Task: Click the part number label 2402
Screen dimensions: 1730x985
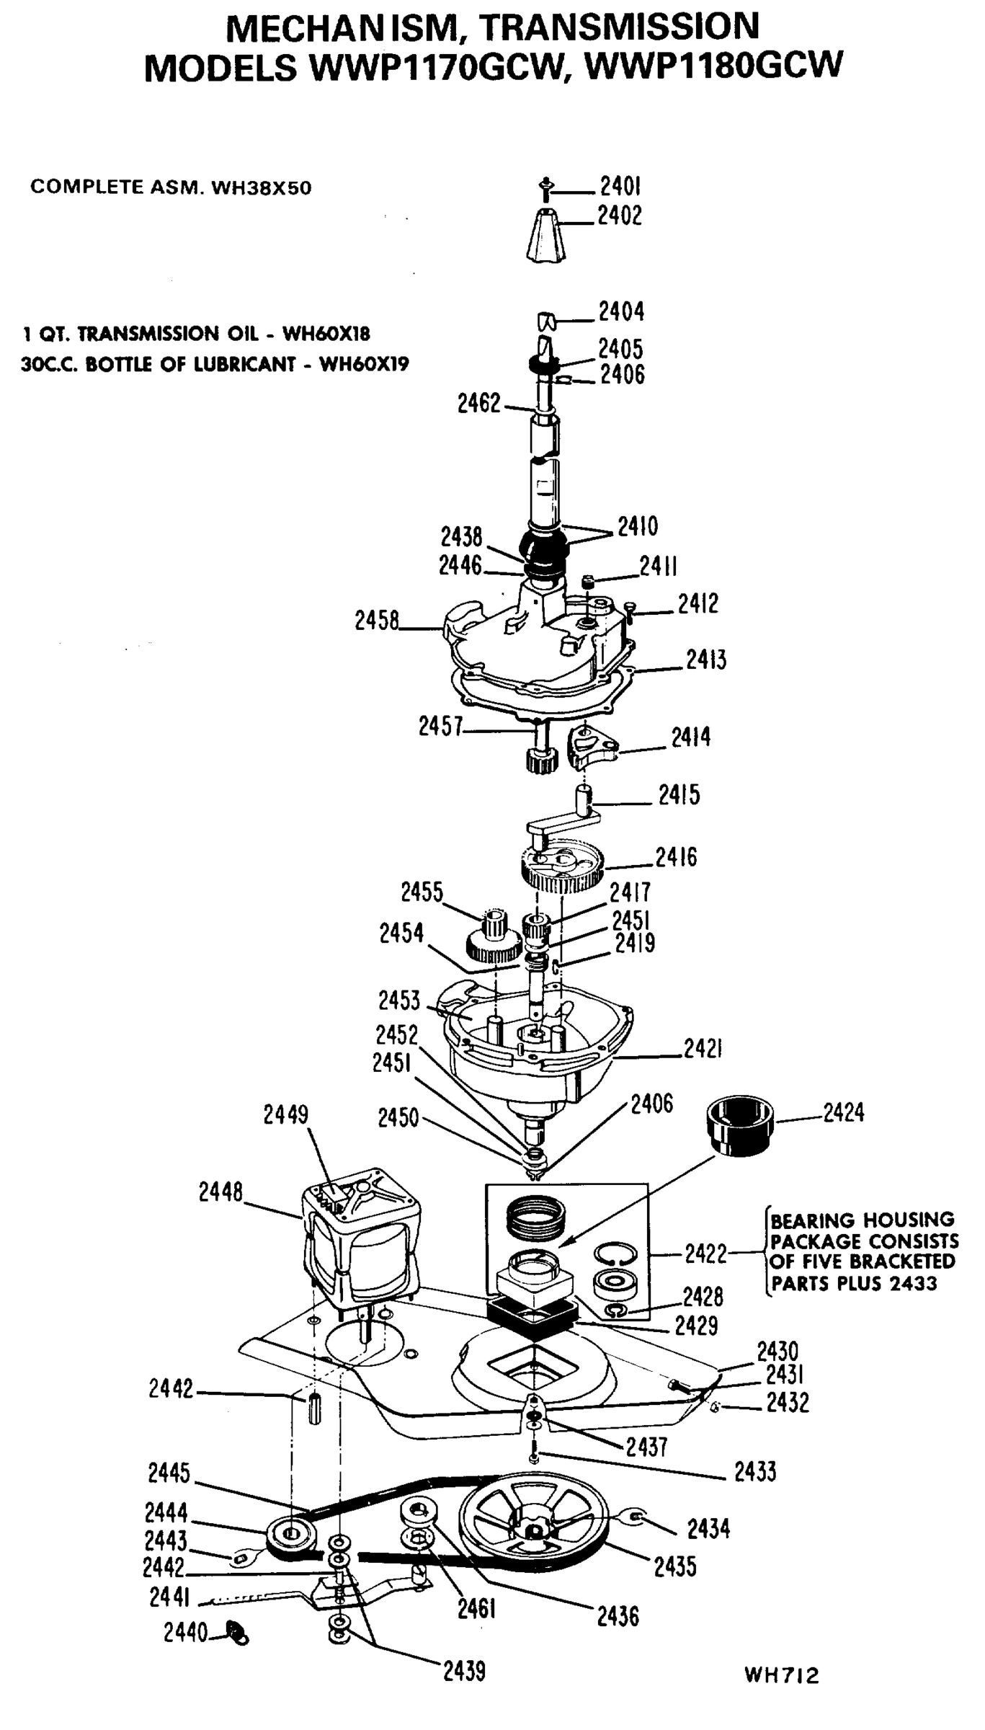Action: (619, 216)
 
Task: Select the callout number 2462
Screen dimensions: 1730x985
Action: (478, 404)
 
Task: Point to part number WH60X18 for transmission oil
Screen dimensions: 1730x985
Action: (326, 334)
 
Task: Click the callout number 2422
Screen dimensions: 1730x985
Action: (705, 1254)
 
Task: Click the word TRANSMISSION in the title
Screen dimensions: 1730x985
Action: (618, 27)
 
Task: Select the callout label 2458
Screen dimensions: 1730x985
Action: (376, 620)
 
